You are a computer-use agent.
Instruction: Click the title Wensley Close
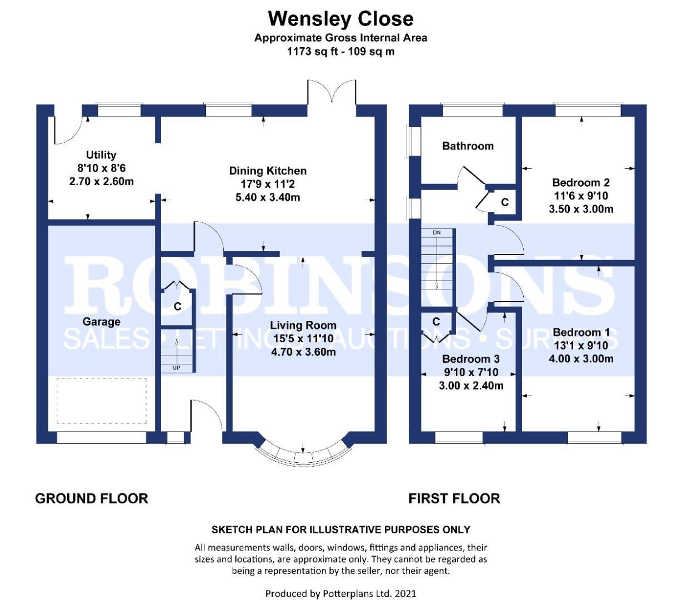(x=340, y=19)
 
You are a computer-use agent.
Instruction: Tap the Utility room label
(x=101, y=155)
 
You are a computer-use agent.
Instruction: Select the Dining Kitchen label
(x=268, y=171)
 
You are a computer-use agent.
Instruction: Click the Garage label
(x=101, y=322)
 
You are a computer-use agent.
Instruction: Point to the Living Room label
(x=303, y=325)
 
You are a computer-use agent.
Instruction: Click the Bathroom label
(x=468, y=146)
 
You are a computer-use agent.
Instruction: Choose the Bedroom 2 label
(x=581, y=182)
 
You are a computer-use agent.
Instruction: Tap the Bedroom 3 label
(x=470, y=359)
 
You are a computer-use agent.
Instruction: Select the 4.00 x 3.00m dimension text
(x=581, y=358)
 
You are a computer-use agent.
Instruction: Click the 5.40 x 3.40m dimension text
(x=268, y=197)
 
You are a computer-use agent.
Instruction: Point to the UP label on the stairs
(x=177, y=368)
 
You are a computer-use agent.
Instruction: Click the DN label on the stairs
(x=437, y=233)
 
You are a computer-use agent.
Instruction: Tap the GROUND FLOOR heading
(x=92, y=498)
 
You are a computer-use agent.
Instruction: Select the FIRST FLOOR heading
(x=454, y=498)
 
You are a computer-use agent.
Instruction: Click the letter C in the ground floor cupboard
(x=177, y=307)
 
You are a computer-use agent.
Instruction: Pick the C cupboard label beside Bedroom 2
(x=505, y=202)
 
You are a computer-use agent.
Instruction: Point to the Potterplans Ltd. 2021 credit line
(x=340, y=593)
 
